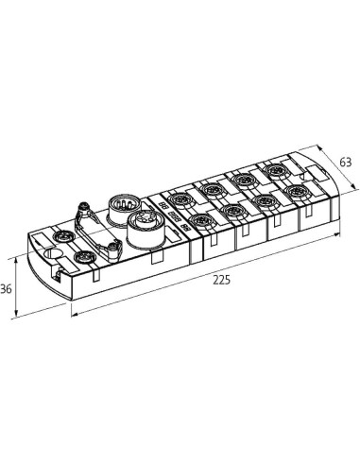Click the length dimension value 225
(x=222, y=280)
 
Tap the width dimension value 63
(x=345, y=162)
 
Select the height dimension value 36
(x=6, y=288)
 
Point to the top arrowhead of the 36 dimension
(x=16, y=259)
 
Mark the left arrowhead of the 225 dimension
(x=74, y=314)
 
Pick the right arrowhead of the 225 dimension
(x=337, y=234)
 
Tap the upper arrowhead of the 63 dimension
(x=319, y=147)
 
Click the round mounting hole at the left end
(x=52, y=252)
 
